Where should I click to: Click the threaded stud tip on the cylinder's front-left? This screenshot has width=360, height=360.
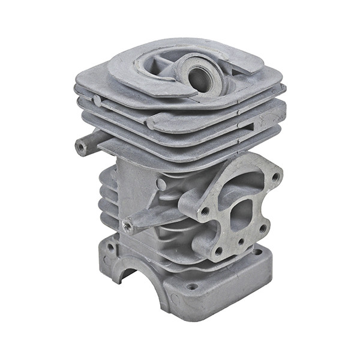[127, 226]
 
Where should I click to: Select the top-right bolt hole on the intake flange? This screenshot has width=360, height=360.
[275, 177]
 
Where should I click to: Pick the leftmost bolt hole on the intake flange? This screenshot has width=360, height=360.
[205, 211]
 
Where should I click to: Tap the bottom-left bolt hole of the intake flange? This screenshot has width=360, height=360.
[218, 251]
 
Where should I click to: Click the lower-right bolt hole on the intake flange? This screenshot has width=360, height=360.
[262, 227]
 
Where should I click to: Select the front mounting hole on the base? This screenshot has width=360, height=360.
[191, 287]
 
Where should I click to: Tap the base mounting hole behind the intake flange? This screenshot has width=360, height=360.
[257, 252]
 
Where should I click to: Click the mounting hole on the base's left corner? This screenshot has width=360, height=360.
[111, 245]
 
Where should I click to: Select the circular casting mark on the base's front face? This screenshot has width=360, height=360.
[175, 298]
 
